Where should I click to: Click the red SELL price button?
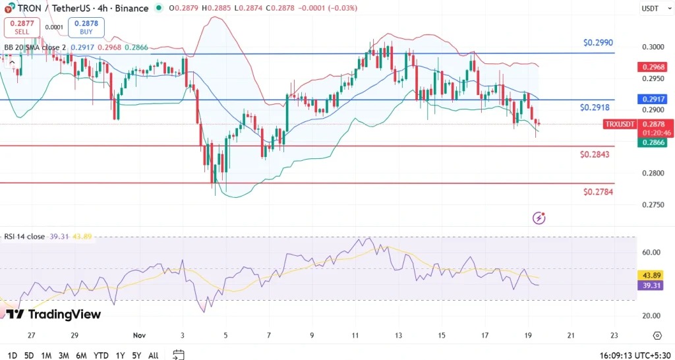[22, 27]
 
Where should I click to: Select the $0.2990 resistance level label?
[599, 42]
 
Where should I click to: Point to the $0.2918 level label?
[595, 107]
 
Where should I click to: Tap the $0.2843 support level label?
[595, 154]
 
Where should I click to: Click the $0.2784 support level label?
[599, 193]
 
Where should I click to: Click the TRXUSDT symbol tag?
[620, 124]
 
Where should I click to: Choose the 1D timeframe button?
[12, 355]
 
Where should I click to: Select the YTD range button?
[101, 355]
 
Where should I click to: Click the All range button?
[153, 355]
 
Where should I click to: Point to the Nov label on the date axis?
[138, 335]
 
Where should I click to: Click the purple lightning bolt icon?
[539, 218]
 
